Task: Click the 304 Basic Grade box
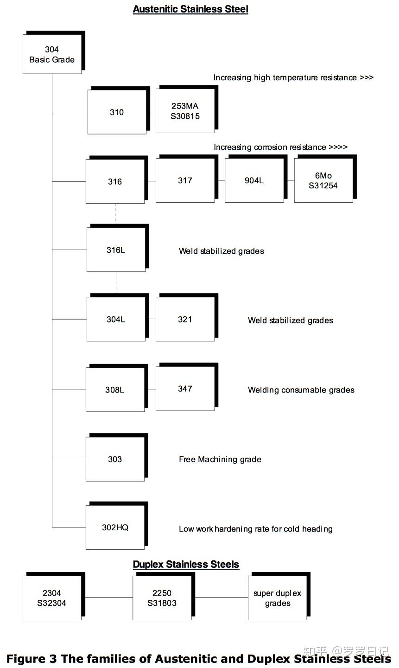point(52,55)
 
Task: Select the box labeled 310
point(117,112)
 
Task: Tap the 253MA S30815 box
point(185,111)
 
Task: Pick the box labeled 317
point(185,180)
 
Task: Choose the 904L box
point(254,180)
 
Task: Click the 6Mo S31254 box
point(323,180)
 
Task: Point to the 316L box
point(116,250)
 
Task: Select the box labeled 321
point(185,319)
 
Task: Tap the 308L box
point(115,390)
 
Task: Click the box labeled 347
point(185,389)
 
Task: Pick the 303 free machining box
point(115,459)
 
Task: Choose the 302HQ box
point(115,527)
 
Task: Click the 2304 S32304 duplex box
point(52,598)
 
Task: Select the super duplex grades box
point(277,598)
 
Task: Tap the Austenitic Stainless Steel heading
point(190,9)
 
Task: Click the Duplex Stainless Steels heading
point(186,565)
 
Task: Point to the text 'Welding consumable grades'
point(301,390)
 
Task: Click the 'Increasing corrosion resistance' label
point(280,147)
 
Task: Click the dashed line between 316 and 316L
point(115,214)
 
